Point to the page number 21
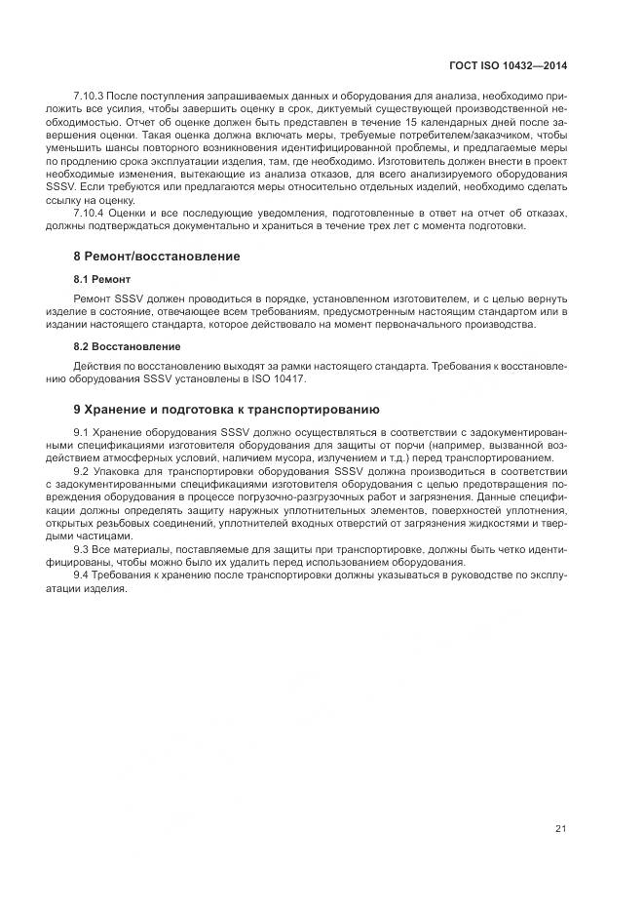pyautogui.click(x=560, y=829)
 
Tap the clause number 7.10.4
pyautogui.click(x=89, y=212)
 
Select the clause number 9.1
pyautogui.click(x=82, y=430)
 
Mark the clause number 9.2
pyautogui.click(x=82, y=470)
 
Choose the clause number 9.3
pyautogui.click(x=82, y=549)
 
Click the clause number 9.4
pyautogui.click(x=82, y=575)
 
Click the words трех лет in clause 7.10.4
pyautogui.click(x=378, y=225)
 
